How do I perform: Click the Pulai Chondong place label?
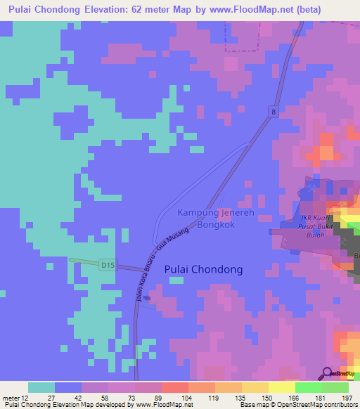point(203,269)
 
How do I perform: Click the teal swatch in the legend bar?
point(41,387)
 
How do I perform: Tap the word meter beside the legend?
point(10,398)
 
